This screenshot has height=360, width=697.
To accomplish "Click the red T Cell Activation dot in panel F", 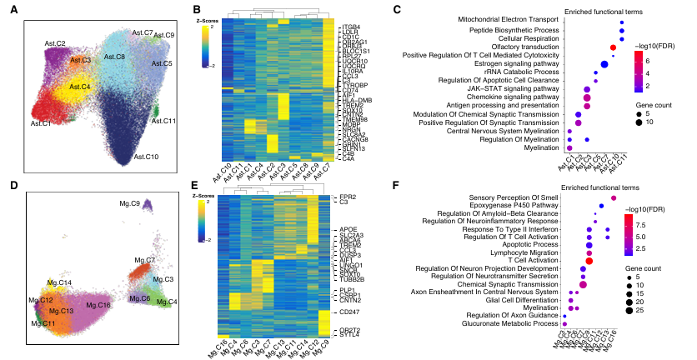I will [x=589, y=261].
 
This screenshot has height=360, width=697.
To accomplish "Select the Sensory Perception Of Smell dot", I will [x=614, y=197].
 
